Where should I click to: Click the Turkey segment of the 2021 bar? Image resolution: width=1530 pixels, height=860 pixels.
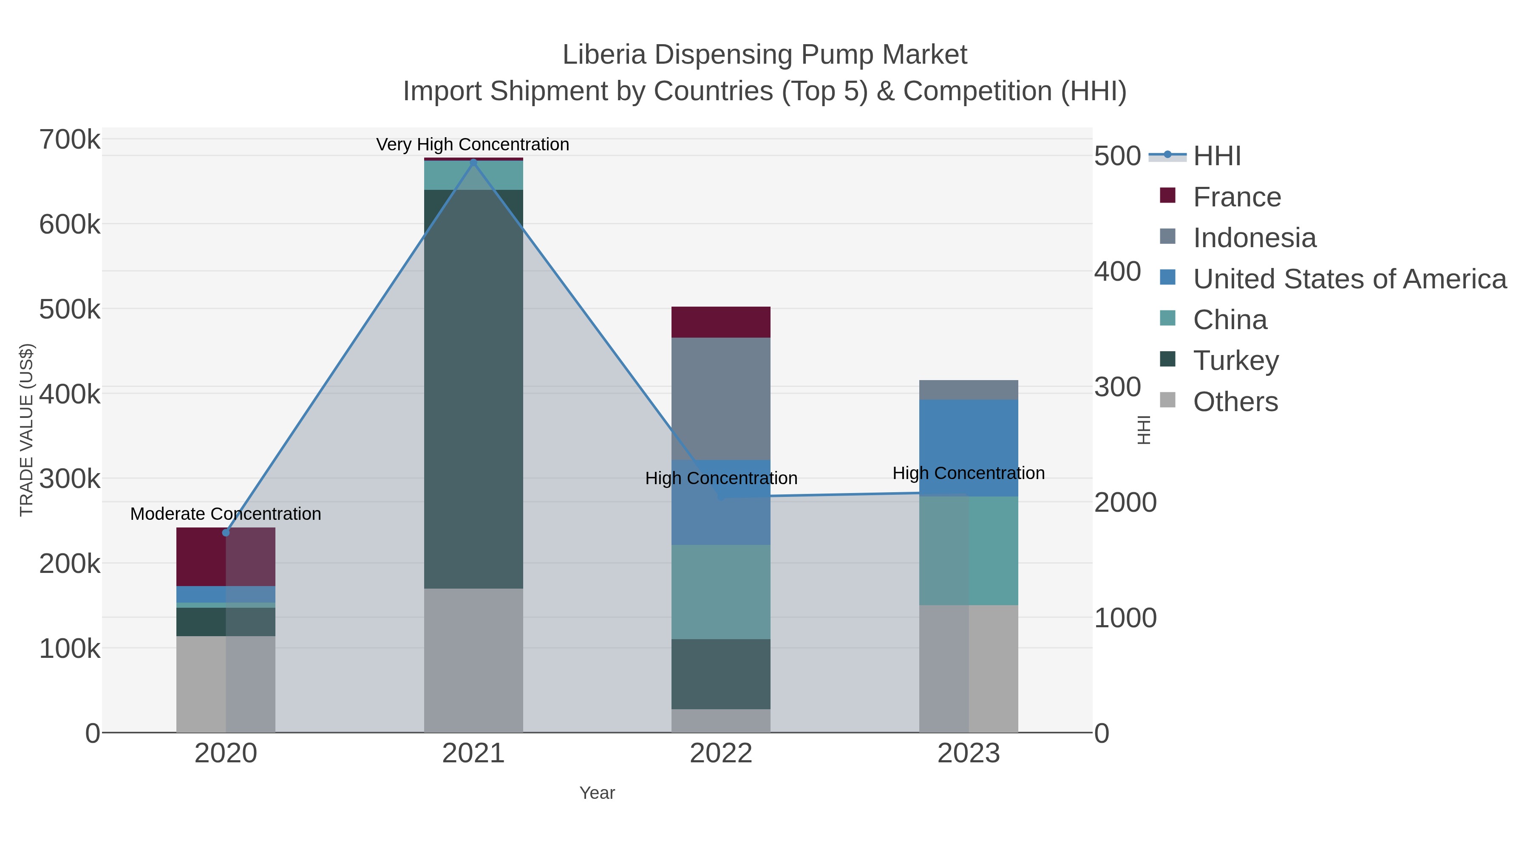click(473, 389)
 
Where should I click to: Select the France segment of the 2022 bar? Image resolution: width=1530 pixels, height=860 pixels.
click(720, 322)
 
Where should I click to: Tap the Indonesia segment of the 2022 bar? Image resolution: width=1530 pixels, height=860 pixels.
click(720, 398)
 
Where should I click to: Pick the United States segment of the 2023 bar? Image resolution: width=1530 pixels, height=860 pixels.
click(968, 448)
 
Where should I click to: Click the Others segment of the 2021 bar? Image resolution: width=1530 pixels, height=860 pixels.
click(473, 660)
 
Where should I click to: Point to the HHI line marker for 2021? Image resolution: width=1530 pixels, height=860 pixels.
click(473, 162)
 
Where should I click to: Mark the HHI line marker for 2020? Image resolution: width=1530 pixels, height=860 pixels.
click(226, 533)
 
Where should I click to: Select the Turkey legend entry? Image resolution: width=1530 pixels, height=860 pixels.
click(1235, 361)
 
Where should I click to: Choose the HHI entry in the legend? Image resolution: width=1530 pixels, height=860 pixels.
click(1216, 156)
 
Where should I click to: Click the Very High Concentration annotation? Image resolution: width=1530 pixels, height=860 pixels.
click(473, 144)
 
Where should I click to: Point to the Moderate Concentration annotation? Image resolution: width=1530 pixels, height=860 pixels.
click(226, 513)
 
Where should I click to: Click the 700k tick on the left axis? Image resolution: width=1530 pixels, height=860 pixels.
click(70, 141)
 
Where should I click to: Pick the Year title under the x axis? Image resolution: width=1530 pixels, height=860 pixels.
click(597, 793)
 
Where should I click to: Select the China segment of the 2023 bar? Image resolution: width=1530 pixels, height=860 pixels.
click(968, 551)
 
